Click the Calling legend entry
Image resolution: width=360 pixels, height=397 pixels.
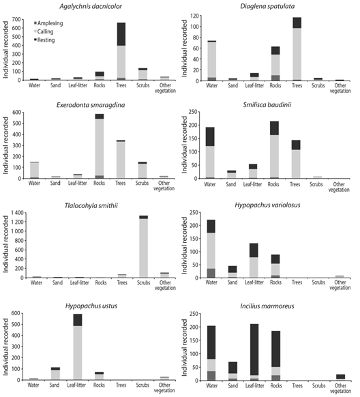44,31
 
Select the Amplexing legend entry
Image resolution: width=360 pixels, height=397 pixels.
48,23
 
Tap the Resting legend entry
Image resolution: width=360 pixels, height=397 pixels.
44,40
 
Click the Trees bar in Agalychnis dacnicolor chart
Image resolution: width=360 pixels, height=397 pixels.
121,51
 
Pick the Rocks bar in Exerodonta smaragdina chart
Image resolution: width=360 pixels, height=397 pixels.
100,146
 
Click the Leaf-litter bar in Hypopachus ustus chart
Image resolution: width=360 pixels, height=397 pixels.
78,347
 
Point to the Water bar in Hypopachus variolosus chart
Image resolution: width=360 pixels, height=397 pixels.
211,248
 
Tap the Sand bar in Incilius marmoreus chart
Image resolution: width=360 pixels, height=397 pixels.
232,371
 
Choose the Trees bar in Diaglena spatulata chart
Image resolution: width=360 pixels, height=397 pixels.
297,49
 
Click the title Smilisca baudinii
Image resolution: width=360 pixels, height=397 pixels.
267,105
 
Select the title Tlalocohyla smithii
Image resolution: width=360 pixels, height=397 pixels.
91,205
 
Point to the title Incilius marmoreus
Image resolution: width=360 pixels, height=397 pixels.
267,306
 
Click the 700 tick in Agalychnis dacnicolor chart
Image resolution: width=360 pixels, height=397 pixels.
16,19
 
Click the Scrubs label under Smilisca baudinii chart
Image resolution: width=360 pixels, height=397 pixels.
316,184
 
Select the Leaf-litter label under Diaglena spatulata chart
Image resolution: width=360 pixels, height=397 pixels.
254,85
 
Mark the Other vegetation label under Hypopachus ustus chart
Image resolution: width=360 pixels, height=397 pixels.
164,387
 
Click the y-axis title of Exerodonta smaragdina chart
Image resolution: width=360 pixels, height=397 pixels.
5,145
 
